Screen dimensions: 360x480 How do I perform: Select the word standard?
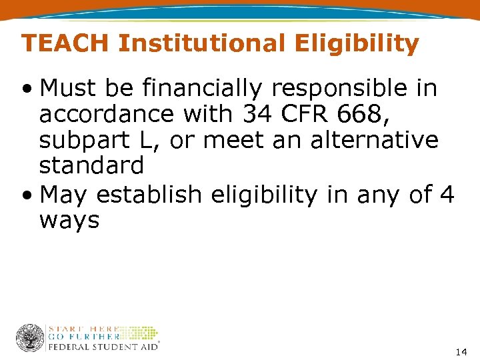tap(91, 165)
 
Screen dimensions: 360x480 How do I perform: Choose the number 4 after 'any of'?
tap(447, 195)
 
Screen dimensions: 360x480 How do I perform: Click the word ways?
tap(69, 220)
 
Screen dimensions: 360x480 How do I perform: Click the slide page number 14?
tap(461, 351)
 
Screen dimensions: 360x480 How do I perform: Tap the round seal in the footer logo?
tap(29, 338)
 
